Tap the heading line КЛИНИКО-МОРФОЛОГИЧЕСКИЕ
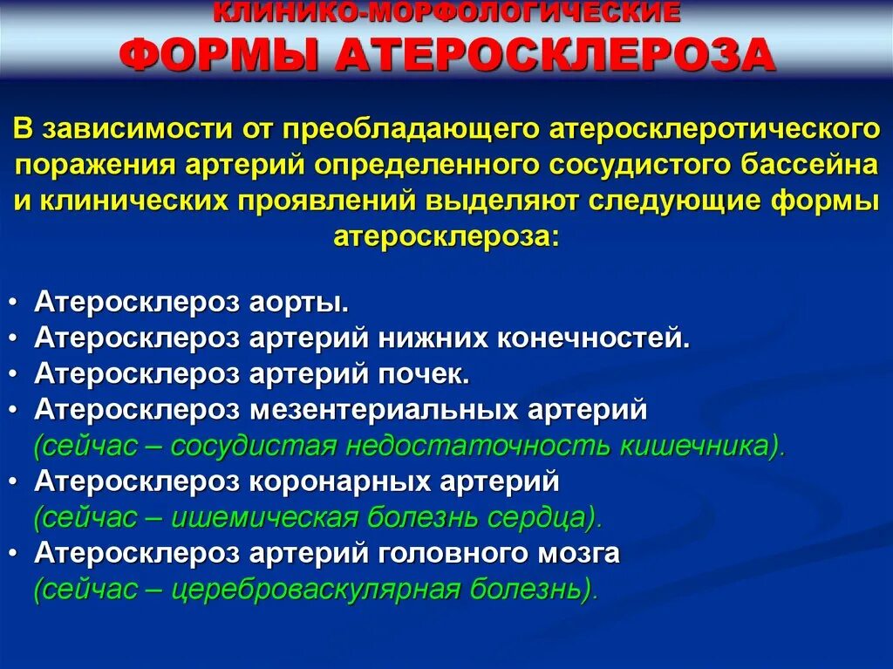pyautogui.click(x=446, y=12)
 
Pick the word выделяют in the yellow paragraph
pyautogui.click(x=502, y=201)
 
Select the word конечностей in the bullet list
pyautogui.click(x=593, y=338)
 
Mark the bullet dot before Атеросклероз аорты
pyautogui.click(x=18, y=304)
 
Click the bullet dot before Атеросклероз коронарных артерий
pyautogui.click(x=18, y=481)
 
